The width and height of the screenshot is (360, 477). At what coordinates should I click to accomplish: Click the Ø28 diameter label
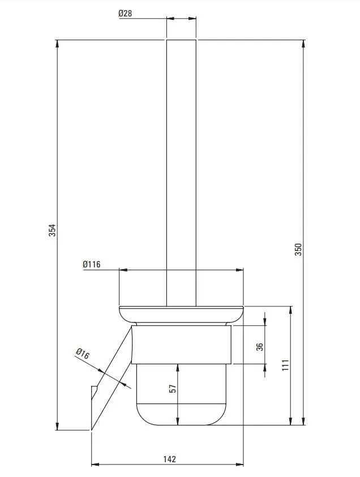(125, 14)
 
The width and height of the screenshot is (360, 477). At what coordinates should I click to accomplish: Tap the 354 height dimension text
(52, 231)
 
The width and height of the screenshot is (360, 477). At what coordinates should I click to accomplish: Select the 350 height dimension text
(298, 249)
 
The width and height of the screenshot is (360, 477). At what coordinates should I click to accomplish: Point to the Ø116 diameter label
(92, 265)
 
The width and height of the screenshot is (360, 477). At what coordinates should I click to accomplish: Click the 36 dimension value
(260, 347)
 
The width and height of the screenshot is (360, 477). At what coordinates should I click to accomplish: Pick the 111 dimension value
(285, 365)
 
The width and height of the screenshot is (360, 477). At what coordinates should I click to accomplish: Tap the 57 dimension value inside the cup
(173, 389)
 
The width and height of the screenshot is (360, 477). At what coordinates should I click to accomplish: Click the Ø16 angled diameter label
(83, 354)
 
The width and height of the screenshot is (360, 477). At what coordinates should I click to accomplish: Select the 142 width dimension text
(169, 459)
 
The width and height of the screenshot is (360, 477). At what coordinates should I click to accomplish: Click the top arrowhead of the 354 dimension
(58, 44)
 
